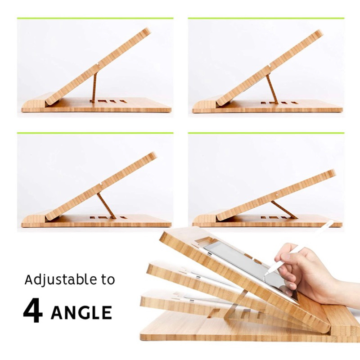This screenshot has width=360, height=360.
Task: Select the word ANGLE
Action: [x=81, y=312]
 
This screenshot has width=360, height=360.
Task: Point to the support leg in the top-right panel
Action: [x=272, y=89]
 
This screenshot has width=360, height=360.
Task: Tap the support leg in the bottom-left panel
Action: [x=106, y=206]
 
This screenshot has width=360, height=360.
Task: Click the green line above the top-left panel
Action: [x=95, y=18]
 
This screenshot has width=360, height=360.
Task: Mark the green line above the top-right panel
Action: [x=266, y=18]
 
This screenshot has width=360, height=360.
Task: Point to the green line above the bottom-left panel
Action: [x=95, y=133]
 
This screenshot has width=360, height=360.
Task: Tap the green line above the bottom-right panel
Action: [x=266, y=133]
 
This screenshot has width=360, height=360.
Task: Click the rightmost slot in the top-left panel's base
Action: [x=123, y=101]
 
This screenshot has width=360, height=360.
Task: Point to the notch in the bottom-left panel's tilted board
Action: [x=101, y=184]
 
